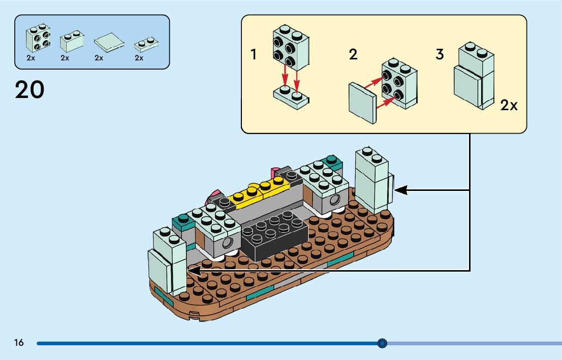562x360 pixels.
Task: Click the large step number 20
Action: [29, 90]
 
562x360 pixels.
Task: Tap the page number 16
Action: [19, 343]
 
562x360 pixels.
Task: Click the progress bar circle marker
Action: [383, 343]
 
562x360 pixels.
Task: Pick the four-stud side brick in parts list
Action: [38, 39]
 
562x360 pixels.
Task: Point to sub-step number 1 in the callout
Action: [254, 54]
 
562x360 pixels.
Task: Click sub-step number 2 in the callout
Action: [353, 54]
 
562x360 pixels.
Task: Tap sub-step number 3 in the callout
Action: [440, 54]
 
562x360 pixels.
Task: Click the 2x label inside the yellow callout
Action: [509, 106]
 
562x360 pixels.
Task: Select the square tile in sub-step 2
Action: [362, 103]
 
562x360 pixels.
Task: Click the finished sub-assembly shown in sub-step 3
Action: [474, 76]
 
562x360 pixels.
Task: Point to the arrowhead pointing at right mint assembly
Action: [401, 190]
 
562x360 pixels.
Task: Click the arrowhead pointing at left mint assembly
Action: [192, 271]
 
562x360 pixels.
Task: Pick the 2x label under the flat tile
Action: [99, 58]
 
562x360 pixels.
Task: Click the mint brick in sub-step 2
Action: [399, 84]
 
